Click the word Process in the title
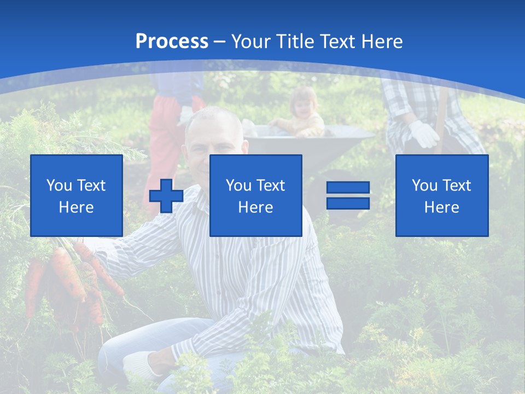point(172,42)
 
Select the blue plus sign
point(166,196)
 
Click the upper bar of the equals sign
point(348,188)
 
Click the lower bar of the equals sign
point(348,203)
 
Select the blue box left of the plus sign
point(76,195)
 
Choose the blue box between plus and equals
point(255,195)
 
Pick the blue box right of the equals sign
point(441,195)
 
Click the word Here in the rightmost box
point(441,207)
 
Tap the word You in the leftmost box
point(59,186)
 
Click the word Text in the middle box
point(271,186)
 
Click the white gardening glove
point(424,134)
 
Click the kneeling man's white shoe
point(139,364)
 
